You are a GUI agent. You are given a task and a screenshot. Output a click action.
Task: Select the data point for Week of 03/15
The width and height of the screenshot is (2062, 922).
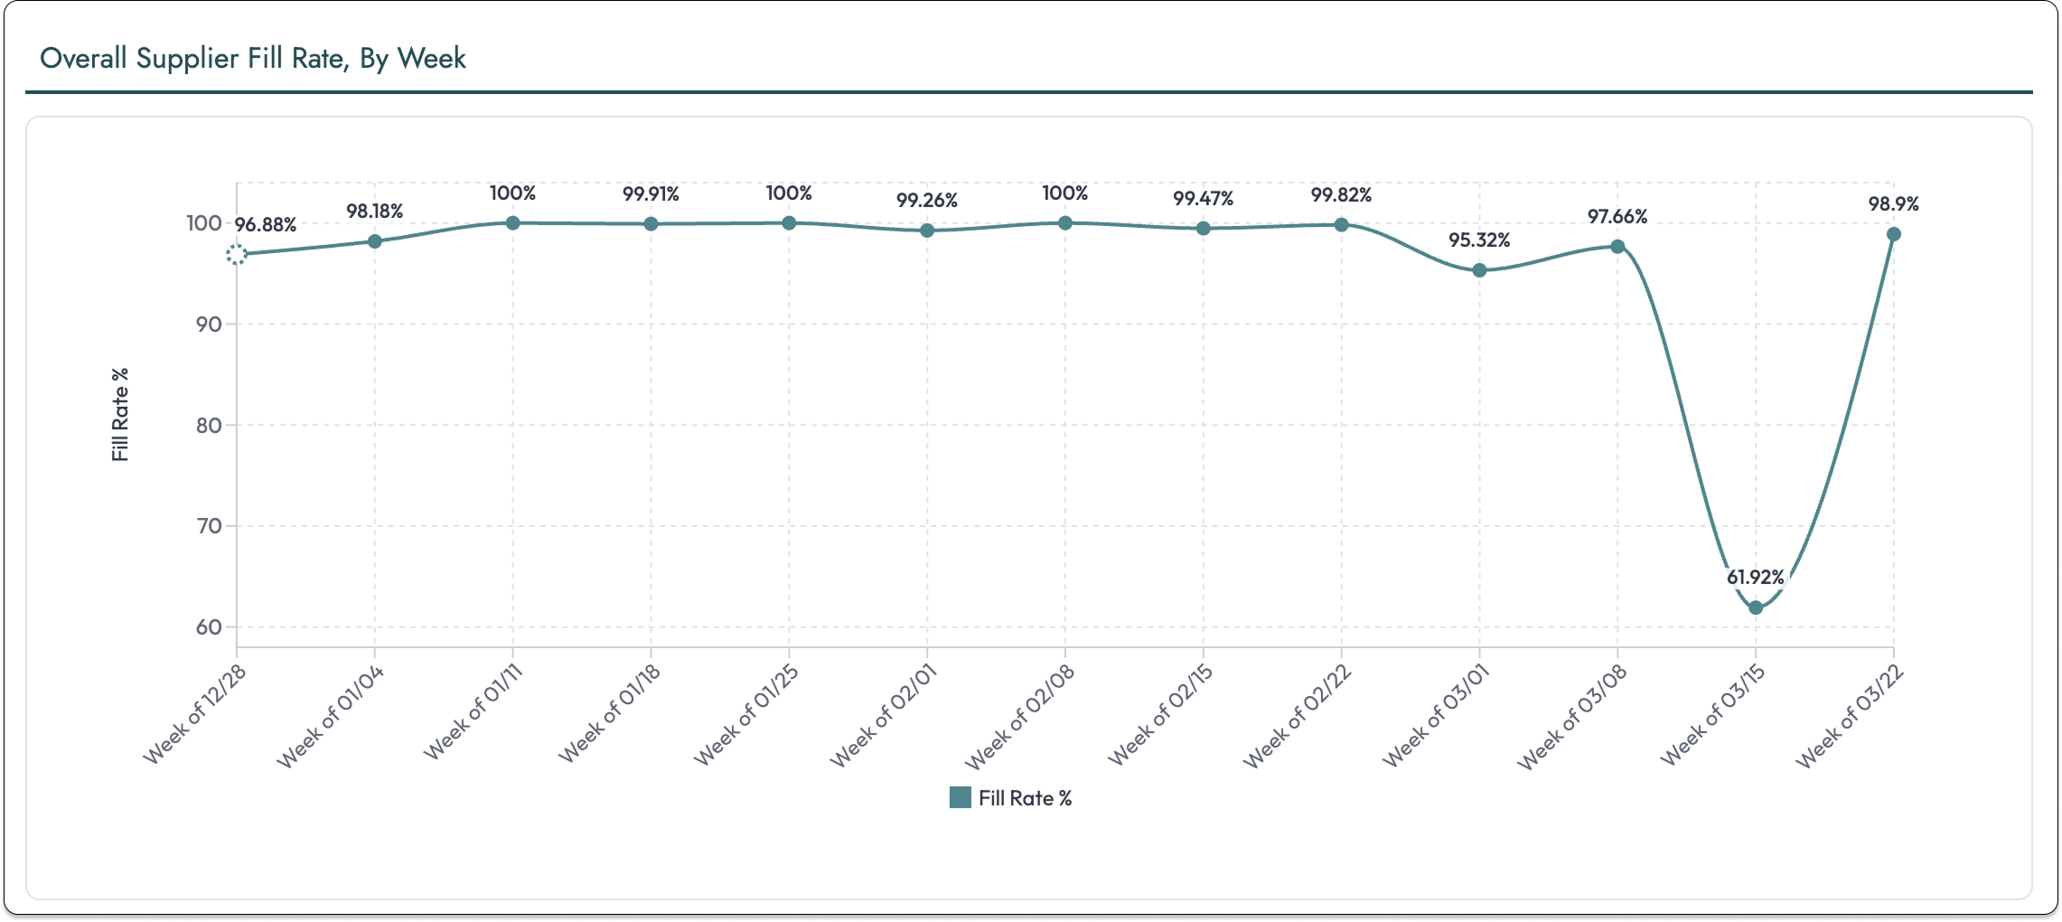pyautogui.click(x=1755, y=607)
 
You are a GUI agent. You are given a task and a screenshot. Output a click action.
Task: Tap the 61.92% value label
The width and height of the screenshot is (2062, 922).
pyautogui.click(x=1755, y=577)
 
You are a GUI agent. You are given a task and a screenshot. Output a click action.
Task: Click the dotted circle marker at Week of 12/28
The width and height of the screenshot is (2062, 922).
pyautogui.click(x=237, y=255)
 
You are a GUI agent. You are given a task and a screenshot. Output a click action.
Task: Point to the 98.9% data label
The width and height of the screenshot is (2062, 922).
pyautogui.click(x=1893, y=204)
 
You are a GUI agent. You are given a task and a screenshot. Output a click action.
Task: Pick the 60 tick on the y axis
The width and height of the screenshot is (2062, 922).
pyautogui.click(x=209, y=627)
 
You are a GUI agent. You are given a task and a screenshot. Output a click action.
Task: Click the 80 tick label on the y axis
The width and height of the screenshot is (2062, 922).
pyautogui.click(x=209, y=426)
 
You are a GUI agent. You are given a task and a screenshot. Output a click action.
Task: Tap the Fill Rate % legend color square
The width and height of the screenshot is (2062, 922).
pyautogui.click(x=961, y=797)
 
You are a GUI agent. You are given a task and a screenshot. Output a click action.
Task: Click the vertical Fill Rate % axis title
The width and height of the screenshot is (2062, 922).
pyautogui.click(x=120, y=414)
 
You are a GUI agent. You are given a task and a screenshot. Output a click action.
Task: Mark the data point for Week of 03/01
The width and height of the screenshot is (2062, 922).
pyautogui.click(x=1479, y=270)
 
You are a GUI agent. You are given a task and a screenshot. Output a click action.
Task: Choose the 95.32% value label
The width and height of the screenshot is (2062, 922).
pyautogui.click(x=1479, y=240)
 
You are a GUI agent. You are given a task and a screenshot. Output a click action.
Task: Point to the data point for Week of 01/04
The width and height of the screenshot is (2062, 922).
pyautogui.click(x=375, y=241)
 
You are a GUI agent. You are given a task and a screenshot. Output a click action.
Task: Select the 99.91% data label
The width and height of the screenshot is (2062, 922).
pyautogui.click(x=651, y=194)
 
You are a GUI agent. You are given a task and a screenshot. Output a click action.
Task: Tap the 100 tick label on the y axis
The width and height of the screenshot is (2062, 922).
pyautogui.click(x=204, y=223)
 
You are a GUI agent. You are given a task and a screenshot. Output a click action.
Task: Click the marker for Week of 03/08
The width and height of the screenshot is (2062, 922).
pyautogui.click(x=1617, y=247)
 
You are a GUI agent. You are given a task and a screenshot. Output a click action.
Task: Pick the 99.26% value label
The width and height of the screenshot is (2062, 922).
pyautogui.click(x=927, y=201)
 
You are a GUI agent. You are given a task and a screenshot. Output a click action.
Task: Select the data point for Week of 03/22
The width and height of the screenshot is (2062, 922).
pyautogui.click(x=1894, y=234)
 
